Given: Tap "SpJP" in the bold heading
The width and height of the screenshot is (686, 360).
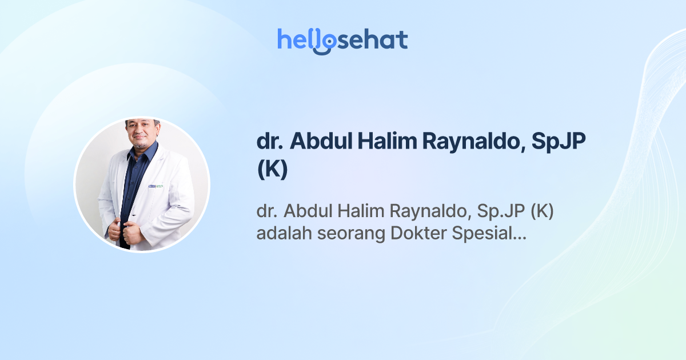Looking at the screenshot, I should coord(559,143).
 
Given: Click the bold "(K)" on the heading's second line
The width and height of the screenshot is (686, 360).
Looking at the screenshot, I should coord(272,170).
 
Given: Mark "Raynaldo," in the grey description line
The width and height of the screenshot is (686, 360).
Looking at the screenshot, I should coord(428,213).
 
